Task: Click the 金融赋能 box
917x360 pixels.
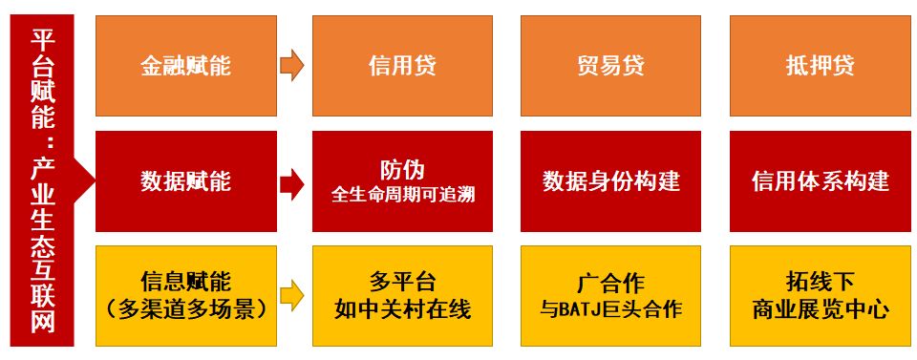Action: [185, 66]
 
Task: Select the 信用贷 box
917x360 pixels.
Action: [402, 66]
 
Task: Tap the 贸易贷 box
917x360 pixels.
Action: [610, 66]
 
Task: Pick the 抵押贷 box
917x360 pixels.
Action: [820, 66]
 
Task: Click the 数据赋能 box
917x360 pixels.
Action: [185, 181]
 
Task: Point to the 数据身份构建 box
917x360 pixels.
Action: [610, 181]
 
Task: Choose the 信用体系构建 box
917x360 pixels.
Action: [820, 181]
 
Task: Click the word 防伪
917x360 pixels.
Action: [402, 170]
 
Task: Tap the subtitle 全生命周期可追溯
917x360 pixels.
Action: [402, 195]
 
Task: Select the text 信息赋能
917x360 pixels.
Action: [185, 283]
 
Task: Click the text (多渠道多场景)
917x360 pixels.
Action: [185, 309]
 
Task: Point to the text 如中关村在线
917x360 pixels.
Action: [402, 309]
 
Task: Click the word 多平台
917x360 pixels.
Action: [402, 283]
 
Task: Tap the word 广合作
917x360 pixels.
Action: [610, 284]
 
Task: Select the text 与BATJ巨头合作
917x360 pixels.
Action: [610, 309]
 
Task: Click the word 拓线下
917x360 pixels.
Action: [820, 283]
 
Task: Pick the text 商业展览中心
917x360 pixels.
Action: [820, 309]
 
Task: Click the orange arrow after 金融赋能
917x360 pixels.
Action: [292, 66]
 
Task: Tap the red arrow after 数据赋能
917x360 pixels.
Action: [292, 181]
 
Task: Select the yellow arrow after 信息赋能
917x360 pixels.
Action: [292, 295]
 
